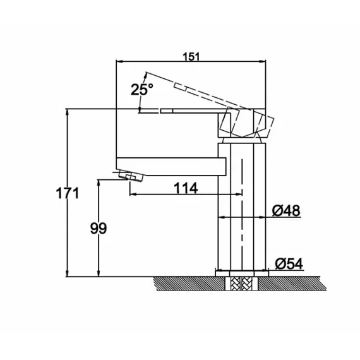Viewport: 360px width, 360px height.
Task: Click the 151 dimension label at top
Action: click(x=191, y=57)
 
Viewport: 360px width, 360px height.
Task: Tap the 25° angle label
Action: click(x=141, y=89)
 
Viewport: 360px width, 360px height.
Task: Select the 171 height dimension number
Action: click(x=68, y=193)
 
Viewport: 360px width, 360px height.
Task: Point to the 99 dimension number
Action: click(x=99, y=228)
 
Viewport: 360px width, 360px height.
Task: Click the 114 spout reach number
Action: click(x=186, y=188)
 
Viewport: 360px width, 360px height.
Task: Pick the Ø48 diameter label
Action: click(x=286, y=210)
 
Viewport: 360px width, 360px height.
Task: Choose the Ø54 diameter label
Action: click(x=289, y=263)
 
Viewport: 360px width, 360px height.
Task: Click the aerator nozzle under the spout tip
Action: click(x=130, y=176)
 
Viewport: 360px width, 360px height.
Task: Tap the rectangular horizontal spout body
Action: click(x=171, y=167)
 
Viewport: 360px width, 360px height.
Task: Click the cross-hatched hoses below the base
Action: click(x=242, y=284)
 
